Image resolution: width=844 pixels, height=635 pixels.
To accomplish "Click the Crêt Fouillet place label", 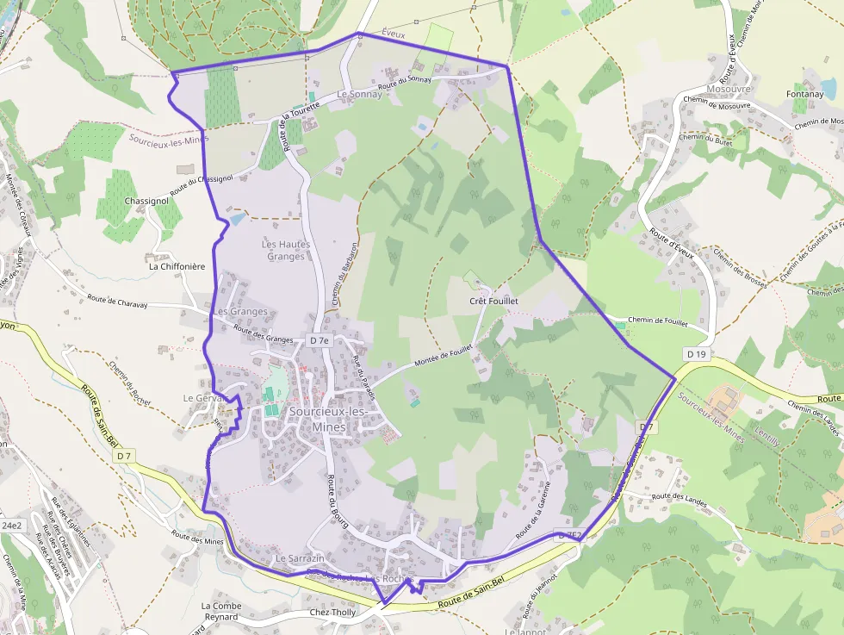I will coord(493,302).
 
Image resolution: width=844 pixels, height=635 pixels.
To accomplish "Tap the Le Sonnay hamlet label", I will coord(359,95).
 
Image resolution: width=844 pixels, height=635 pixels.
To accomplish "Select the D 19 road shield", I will coord(696,354).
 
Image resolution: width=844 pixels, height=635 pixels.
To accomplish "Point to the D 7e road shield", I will coord(319,340).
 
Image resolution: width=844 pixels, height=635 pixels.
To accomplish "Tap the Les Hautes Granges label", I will coord(286,250).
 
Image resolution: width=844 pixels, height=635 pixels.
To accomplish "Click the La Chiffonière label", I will coord(177,266).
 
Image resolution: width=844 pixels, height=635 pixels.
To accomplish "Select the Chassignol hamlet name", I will coord(146,201).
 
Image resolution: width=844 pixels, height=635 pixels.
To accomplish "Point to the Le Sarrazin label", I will coord(299,559).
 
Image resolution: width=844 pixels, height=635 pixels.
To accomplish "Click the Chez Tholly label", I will coord(332,613).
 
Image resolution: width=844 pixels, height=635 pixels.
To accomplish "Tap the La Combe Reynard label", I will coord(221,611).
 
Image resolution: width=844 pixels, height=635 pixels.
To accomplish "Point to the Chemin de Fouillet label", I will coord(657,321).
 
